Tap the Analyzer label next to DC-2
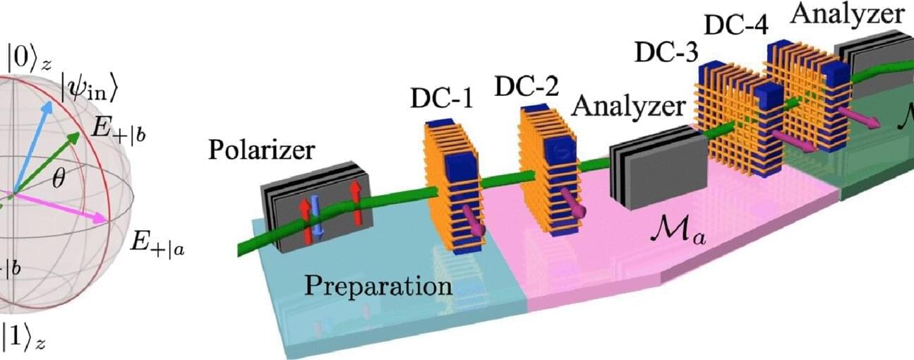click(629, 107)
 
